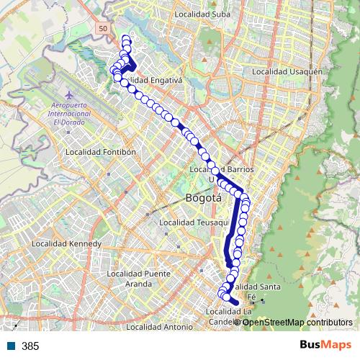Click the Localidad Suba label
[202, 13]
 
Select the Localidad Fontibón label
[101, 152]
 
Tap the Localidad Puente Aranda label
[138, 278]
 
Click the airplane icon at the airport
[68, 96]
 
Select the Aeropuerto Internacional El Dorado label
[69, 114]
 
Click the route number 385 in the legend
[30, 346]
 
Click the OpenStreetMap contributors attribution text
[297, 322]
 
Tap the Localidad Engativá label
[155, 80]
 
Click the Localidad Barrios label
[223, 168]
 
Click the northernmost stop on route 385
[126, 38]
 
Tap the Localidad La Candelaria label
[229, 315]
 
